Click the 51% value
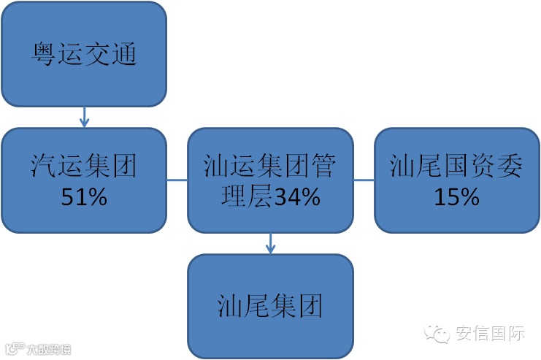[x=83, y=196]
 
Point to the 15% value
[x=456, y=196]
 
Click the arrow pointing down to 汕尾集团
[x=271, y=243]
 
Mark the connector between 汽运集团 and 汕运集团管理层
[x=177, y=180]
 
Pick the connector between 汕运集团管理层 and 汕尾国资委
[x=364, y=180]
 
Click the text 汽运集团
[x=83, y=167]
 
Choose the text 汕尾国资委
[x=456, y=167]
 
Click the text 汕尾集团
[x=270, y=305]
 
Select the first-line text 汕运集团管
[x=270, y=167]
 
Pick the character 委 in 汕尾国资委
[x=510, y=167]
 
